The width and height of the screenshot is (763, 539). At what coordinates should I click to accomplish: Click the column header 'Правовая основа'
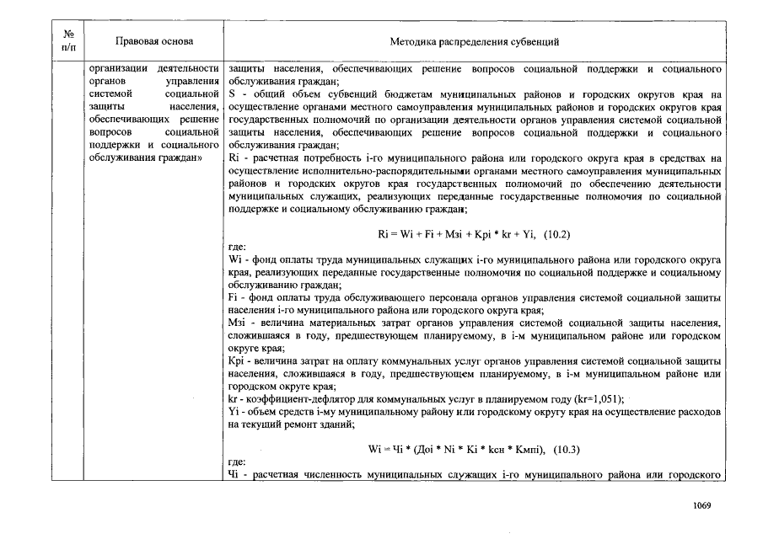click(x=153, y=41)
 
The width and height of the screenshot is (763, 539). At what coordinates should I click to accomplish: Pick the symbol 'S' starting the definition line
click(x=232, y=95)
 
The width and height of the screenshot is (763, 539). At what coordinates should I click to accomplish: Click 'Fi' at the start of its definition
click(x=234, y=298)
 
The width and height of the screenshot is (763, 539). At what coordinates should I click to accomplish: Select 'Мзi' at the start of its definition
click(x=236, y=323)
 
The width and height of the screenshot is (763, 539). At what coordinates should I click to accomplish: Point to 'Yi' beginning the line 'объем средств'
click(x=234, y=413)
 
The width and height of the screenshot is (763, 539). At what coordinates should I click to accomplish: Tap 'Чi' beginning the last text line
click(x=234, y=475)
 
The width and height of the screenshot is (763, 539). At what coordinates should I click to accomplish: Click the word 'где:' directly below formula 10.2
click(x=237, y=248)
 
